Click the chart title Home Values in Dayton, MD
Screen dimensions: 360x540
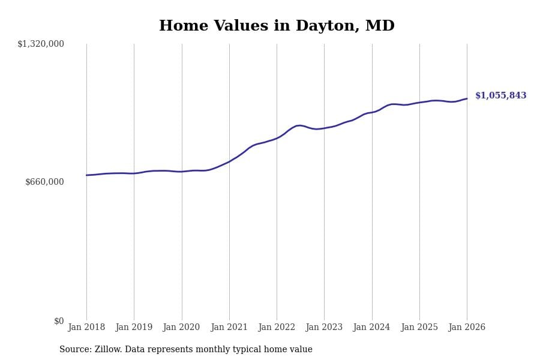coord(277,26)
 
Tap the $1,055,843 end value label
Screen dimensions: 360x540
coord(500,96)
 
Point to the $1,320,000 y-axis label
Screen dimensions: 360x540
coord(41,44)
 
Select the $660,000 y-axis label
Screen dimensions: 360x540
coord(44,182)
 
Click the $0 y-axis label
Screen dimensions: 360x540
coord(59,321)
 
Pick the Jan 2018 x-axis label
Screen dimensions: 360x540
coord(86,328)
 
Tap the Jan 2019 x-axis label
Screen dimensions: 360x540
coord(134,328)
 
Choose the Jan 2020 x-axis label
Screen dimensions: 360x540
coord(181,328)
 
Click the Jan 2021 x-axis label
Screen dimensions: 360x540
coord(229,328)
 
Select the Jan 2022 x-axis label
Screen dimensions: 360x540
coord(277,328)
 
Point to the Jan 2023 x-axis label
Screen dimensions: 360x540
coord(324,328)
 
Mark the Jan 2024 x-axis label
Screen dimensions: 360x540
coord(371,328)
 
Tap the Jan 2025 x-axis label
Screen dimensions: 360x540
coord(419,328)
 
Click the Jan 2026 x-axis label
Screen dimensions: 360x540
coord(467,328)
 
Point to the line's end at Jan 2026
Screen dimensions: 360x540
coord(467,98)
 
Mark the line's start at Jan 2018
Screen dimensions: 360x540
coord(86,175)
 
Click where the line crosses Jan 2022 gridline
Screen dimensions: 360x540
coord(277,138)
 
